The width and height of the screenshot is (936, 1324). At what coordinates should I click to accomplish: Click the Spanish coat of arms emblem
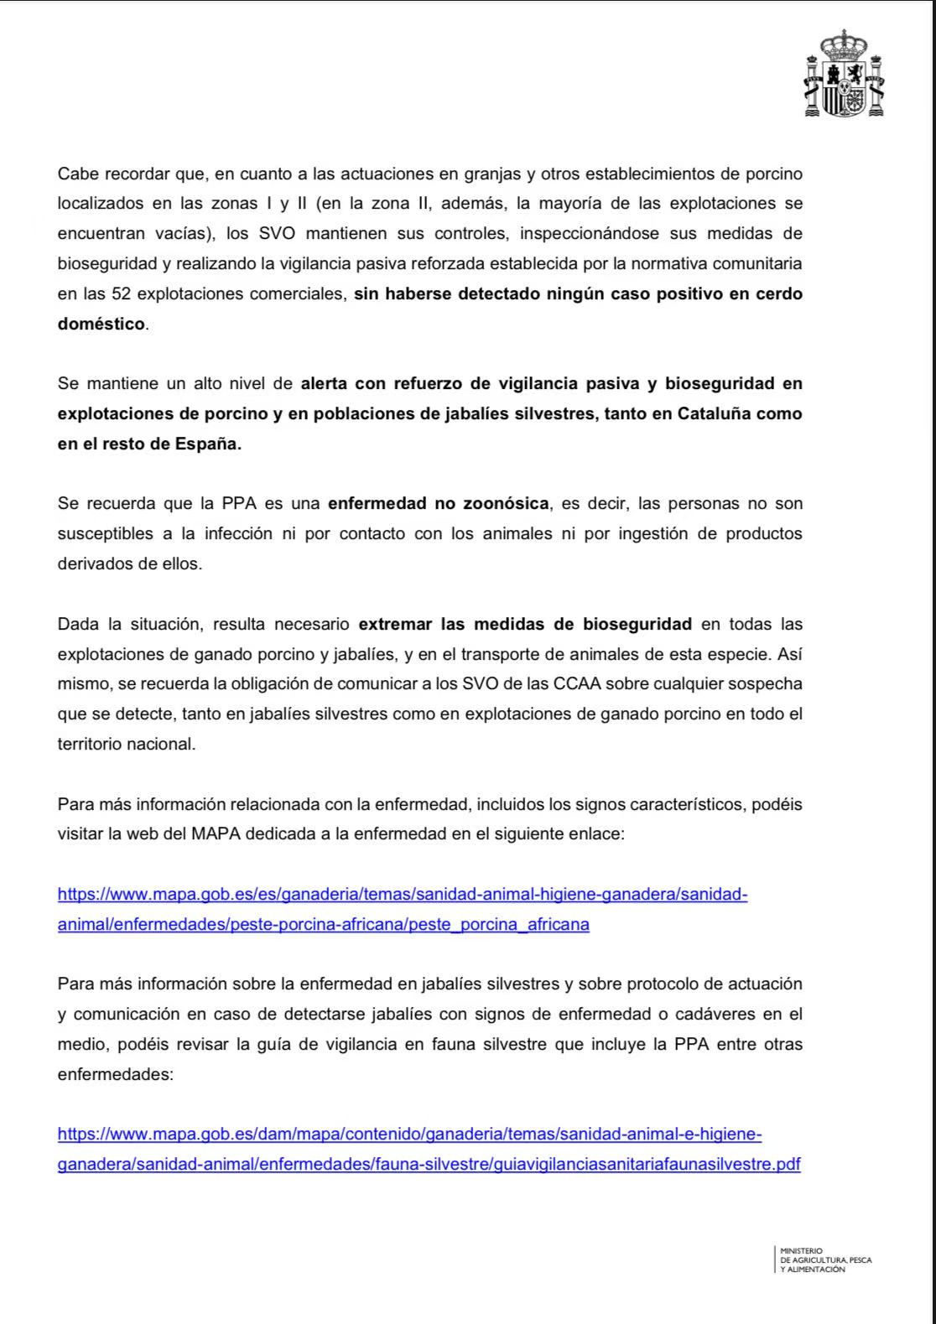click(x=844, y=75)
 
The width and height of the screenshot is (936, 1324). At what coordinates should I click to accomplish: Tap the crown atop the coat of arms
click(x=844, y=42)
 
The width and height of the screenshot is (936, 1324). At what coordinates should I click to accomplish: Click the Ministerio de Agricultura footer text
click(x=825, y=1259)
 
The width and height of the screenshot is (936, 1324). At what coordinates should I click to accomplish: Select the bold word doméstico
click(x=101, y=325)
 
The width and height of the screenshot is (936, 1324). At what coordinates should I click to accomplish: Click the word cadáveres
click(x=715, y=1015)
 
